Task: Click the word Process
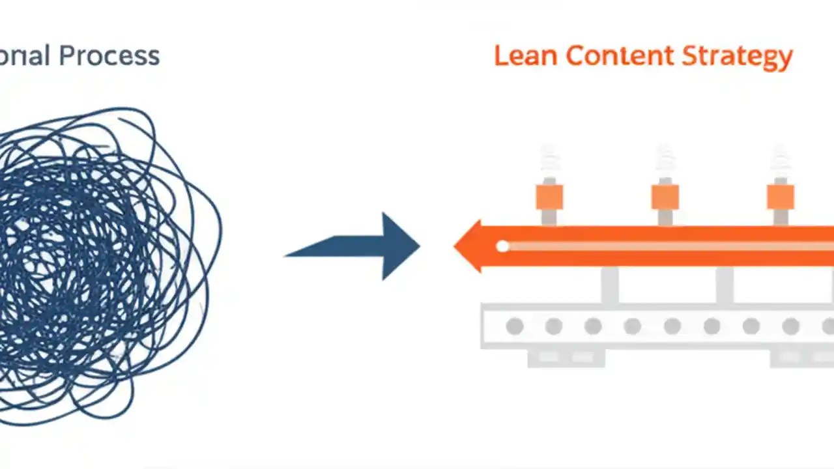tap(109, 56)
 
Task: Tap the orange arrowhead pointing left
tap(469, 246)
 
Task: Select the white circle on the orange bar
tap(502, 246)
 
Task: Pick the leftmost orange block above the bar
tap(549, 197)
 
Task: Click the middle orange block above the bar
tap(665, 197)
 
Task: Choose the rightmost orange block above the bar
tap(780, 197)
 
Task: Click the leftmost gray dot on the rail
tap(515, 326)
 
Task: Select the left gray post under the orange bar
tap(610, 285)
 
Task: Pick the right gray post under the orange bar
tap(725, 285)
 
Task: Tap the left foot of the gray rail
tap(566, 358)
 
